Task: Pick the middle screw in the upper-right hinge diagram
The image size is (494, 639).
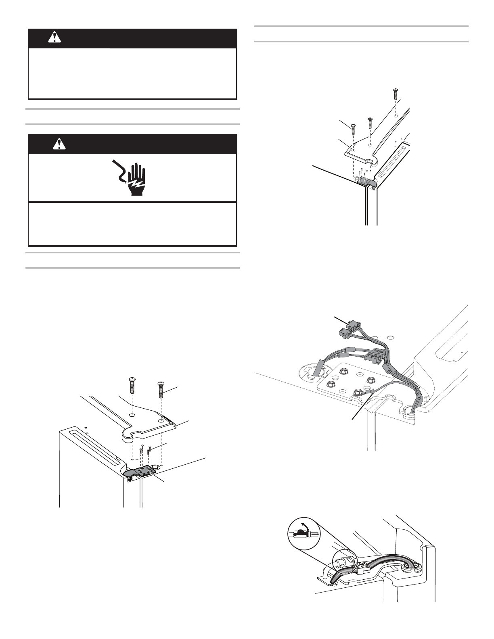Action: [x=370, y=123]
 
